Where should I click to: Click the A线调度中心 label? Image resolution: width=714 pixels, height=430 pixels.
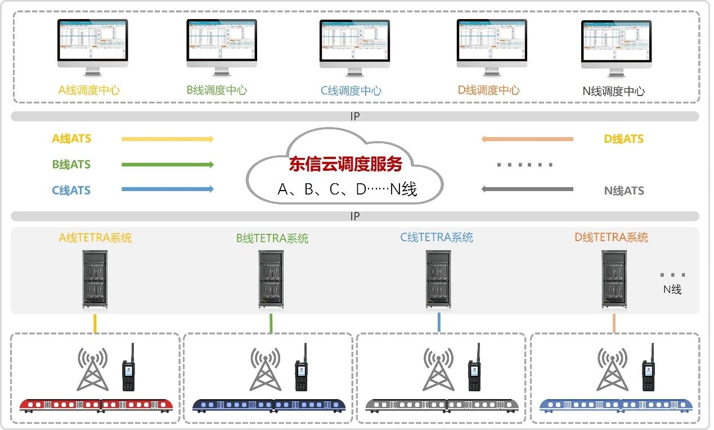click(89, 90)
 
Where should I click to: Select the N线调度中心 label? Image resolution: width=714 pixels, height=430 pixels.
click(614, 91)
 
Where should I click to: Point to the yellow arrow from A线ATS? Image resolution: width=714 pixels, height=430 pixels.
click(168, 139)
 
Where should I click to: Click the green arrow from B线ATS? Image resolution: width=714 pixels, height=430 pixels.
click(168, 165)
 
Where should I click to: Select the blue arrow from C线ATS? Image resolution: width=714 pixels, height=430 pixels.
click(168, 189)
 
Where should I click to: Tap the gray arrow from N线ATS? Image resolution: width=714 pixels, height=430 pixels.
click(527, 189)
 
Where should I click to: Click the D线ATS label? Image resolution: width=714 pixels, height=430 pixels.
click(624, 139)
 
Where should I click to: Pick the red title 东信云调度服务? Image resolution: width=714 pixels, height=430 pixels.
click(345, 164)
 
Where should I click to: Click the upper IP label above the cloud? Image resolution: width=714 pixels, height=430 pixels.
click(355, 117)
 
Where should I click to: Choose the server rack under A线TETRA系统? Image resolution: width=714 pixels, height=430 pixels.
click(95, 279)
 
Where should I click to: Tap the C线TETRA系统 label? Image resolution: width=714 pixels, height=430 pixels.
click(437, 237)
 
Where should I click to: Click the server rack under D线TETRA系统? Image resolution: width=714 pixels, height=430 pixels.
click(614, 279)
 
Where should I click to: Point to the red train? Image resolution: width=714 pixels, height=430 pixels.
click(96, 405)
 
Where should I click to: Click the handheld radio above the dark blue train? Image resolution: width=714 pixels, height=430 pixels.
click(302, 369)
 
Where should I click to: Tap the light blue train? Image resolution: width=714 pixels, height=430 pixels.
click(616, 405)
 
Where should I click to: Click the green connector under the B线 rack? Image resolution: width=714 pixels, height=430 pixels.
click(271, 323)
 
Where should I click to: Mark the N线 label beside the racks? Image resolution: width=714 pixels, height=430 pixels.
click(672, 290)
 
